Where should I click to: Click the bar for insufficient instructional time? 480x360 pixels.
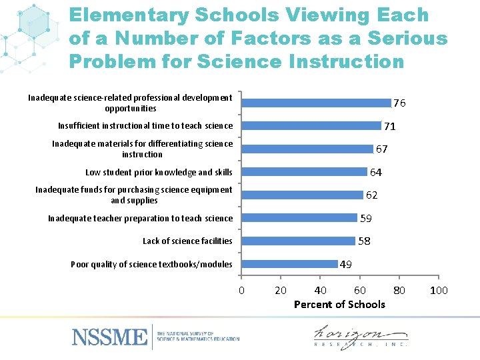311,126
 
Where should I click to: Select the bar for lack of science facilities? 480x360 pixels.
298,241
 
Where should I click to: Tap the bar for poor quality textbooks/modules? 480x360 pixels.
289,264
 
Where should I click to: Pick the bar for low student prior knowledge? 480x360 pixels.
304,172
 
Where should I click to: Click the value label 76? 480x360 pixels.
399,103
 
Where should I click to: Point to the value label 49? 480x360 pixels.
346,265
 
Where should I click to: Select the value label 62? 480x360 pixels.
371,195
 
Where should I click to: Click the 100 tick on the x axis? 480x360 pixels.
439,290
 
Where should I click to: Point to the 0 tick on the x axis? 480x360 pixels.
241,290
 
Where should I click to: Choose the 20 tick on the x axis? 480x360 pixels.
281,290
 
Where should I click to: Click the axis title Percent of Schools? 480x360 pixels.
339,305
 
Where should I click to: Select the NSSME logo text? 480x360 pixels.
109,336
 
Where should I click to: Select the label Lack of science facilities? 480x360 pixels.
187,241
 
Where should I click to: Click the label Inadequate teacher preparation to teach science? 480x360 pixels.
141,219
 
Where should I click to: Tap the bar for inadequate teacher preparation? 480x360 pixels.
299,218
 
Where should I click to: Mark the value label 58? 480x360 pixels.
365,241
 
